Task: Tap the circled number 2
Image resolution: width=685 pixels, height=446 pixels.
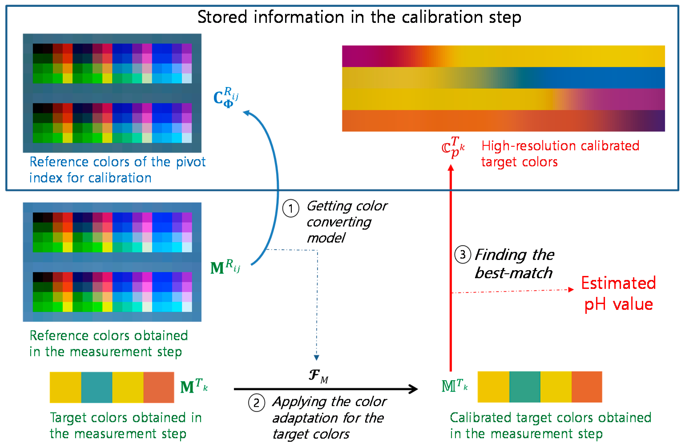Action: tap(256, 403)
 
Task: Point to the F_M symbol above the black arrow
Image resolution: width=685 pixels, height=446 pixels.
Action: tap(318, 376)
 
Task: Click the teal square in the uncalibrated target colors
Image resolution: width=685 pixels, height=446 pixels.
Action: tap(97, 387)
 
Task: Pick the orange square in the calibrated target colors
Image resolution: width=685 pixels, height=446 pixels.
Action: tap(586, 387)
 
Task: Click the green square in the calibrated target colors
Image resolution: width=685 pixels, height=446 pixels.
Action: tap(524, 387)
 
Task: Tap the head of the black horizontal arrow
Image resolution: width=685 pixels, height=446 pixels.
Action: tap(415, 389)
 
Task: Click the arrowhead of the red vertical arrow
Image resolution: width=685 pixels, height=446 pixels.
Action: tap(451, 168)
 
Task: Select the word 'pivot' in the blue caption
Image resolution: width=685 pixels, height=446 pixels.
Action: tap(191, 162)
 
